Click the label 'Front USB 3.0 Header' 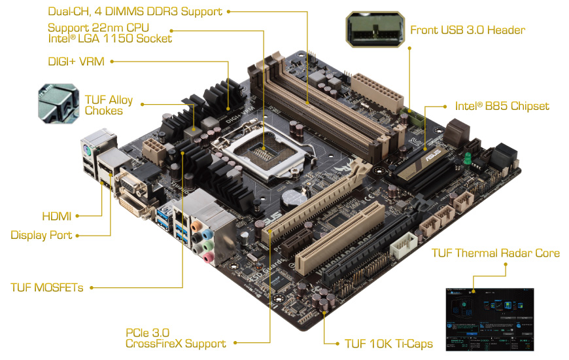pyautogui.click(x=467, y=30)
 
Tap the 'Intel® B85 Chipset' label pyautogui.click(x=502, y=106)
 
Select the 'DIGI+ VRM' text pyautogui.click(x=78, y=62)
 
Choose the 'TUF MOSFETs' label pyautogui.click(x=47, y=287)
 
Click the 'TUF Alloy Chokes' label pyautogui.click(x=109, y=105)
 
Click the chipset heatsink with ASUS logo pyautogui.click(x=425, y=161)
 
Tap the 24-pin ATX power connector pyautogui.click(x=378, y=92)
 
